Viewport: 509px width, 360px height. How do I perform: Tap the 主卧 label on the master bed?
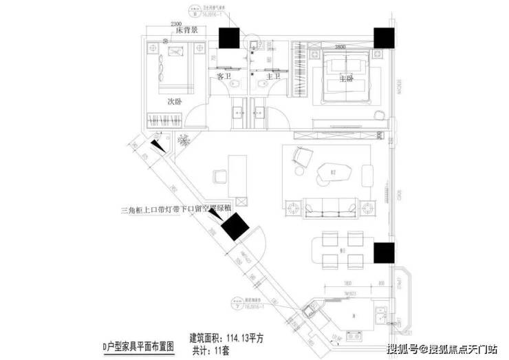click(x=345, y=79)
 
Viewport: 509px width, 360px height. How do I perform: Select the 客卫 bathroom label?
click(x=224, y=77)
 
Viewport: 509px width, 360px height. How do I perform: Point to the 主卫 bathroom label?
click(x=272, y=77)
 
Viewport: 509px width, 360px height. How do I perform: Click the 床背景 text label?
click(x=186, y=31)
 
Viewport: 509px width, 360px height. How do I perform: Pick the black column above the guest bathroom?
click(x=228, y=38)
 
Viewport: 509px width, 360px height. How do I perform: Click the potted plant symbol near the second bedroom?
click(x=184, y=140)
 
